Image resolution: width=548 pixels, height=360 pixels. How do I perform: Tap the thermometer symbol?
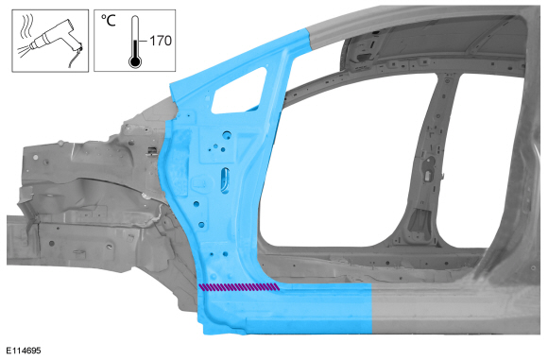135,42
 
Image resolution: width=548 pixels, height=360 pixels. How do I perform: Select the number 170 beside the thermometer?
161,41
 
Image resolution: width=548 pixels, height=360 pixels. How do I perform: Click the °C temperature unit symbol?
108,20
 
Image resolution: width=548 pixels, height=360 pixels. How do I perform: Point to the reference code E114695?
24,351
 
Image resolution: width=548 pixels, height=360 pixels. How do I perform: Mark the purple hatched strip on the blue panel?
239,287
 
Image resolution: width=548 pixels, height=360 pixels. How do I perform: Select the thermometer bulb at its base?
135,62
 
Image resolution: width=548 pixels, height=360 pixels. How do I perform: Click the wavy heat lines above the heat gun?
26,26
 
